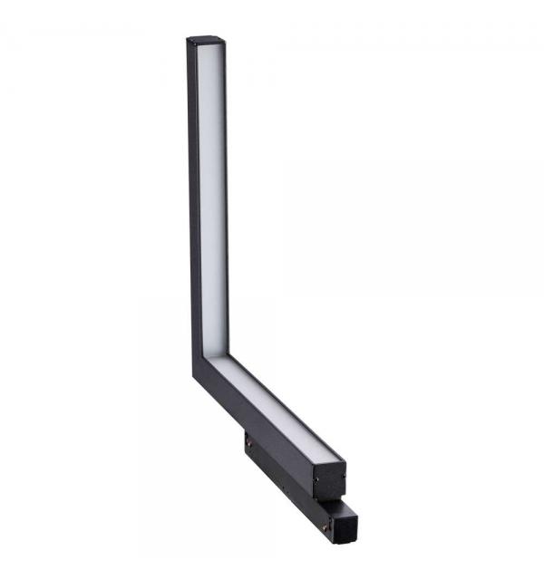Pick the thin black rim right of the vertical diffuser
(228, 199)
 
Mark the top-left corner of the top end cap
(189, 39)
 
